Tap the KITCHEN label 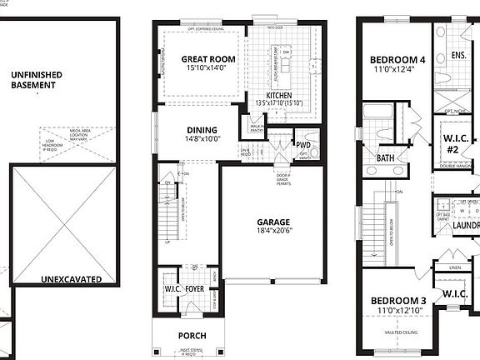coord(278,96)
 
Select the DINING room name coord(202,130)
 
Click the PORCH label coord(191,336)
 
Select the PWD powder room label coord(303,145)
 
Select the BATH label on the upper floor coord(385,157)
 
